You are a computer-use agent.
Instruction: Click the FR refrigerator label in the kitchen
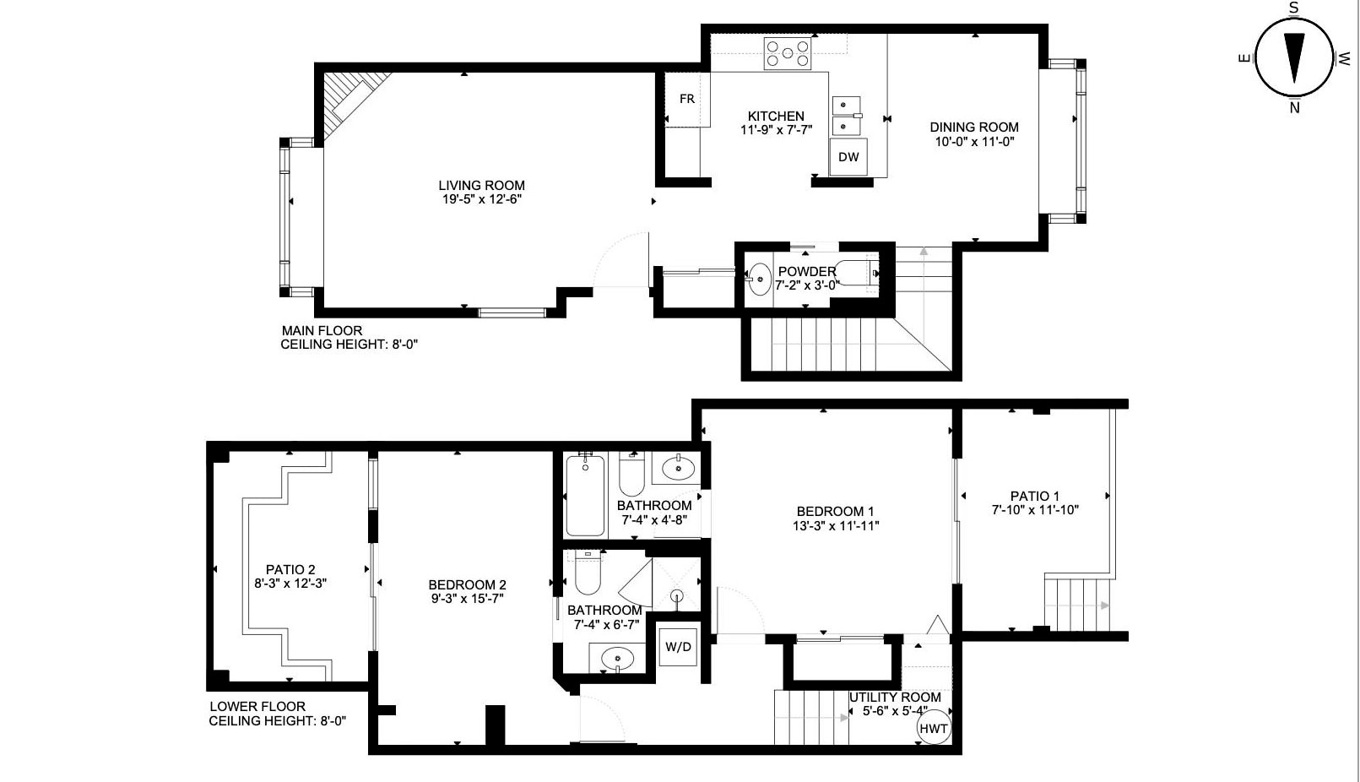[686, 99]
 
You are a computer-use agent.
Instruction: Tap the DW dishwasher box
[848, 157]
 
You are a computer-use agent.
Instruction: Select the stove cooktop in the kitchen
[788, 53]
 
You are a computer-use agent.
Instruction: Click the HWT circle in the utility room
[933, 728]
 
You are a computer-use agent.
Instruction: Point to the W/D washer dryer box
[678, 647]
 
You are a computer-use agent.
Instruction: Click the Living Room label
[481, 185]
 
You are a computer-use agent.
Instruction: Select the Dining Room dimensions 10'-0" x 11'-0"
[974, 142]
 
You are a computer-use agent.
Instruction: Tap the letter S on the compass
[1294, 8]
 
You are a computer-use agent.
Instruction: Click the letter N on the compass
[1294, 108]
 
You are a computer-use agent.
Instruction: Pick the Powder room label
[807, 271]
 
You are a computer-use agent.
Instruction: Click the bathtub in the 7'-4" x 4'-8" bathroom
[585, 496]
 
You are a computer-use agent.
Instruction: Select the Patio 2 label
[290, 569]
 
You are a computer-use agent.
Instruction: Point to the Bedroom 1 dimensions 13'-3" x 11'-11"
[836, 526]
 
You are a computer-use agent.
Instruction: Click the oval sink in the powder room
[760, 280]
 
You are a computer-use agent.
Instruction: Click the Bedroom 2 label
[467, 584]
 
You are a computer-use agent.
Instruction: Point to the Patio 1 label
[1035, 496]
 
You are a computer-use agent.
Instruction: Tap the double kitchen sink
[847, 116]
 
